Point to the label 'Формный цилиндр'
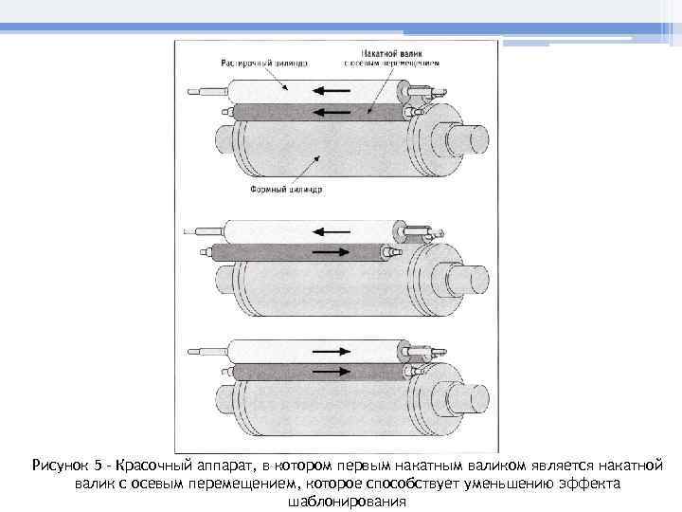click(x=286, y=189)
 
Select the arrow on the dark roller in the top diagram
click(x=329, y=112)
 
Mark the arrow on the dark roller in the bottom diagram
click(x=329, y=372)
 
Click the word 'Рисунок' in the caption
click(x=61, y=466)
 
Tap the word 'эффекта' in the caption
click(x=591, y=484)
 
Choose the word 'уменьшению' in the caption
click(x=511, y=484)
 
